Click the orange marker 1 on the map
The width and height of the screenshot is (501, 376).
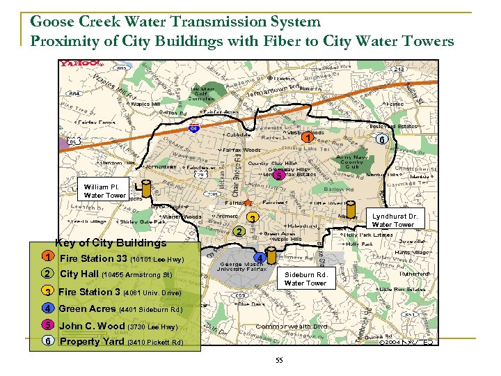307,138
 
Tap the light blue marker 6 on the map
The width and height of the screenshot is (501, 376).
381,139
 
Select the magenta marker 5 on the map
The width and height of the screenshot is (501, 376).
278,175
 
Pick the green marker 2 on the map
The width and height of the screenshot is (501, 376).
238,231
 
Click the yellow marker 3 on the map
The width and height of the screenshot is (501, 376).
253,219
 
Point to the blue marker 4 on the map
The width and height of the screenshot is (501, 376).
258,258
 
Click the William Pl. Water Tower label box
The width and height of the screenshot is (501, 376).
104,191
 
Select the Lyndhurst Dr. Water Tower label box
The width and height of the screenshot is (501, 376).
393,221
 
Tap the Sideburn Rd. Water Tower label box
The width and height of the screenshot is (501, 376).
305,279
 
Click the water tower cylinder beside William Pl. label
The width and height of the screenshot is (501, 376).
146,189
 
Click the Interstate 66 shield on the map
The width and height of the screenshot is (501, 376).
194,128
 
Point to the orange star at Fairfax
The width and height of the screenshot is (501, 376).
248,201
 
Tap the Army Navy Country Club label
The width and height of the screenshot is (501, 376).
353,162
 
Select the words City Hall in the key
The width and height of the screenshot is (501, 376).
79,274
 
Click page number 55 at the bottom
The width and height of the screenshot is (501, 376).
279,360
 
